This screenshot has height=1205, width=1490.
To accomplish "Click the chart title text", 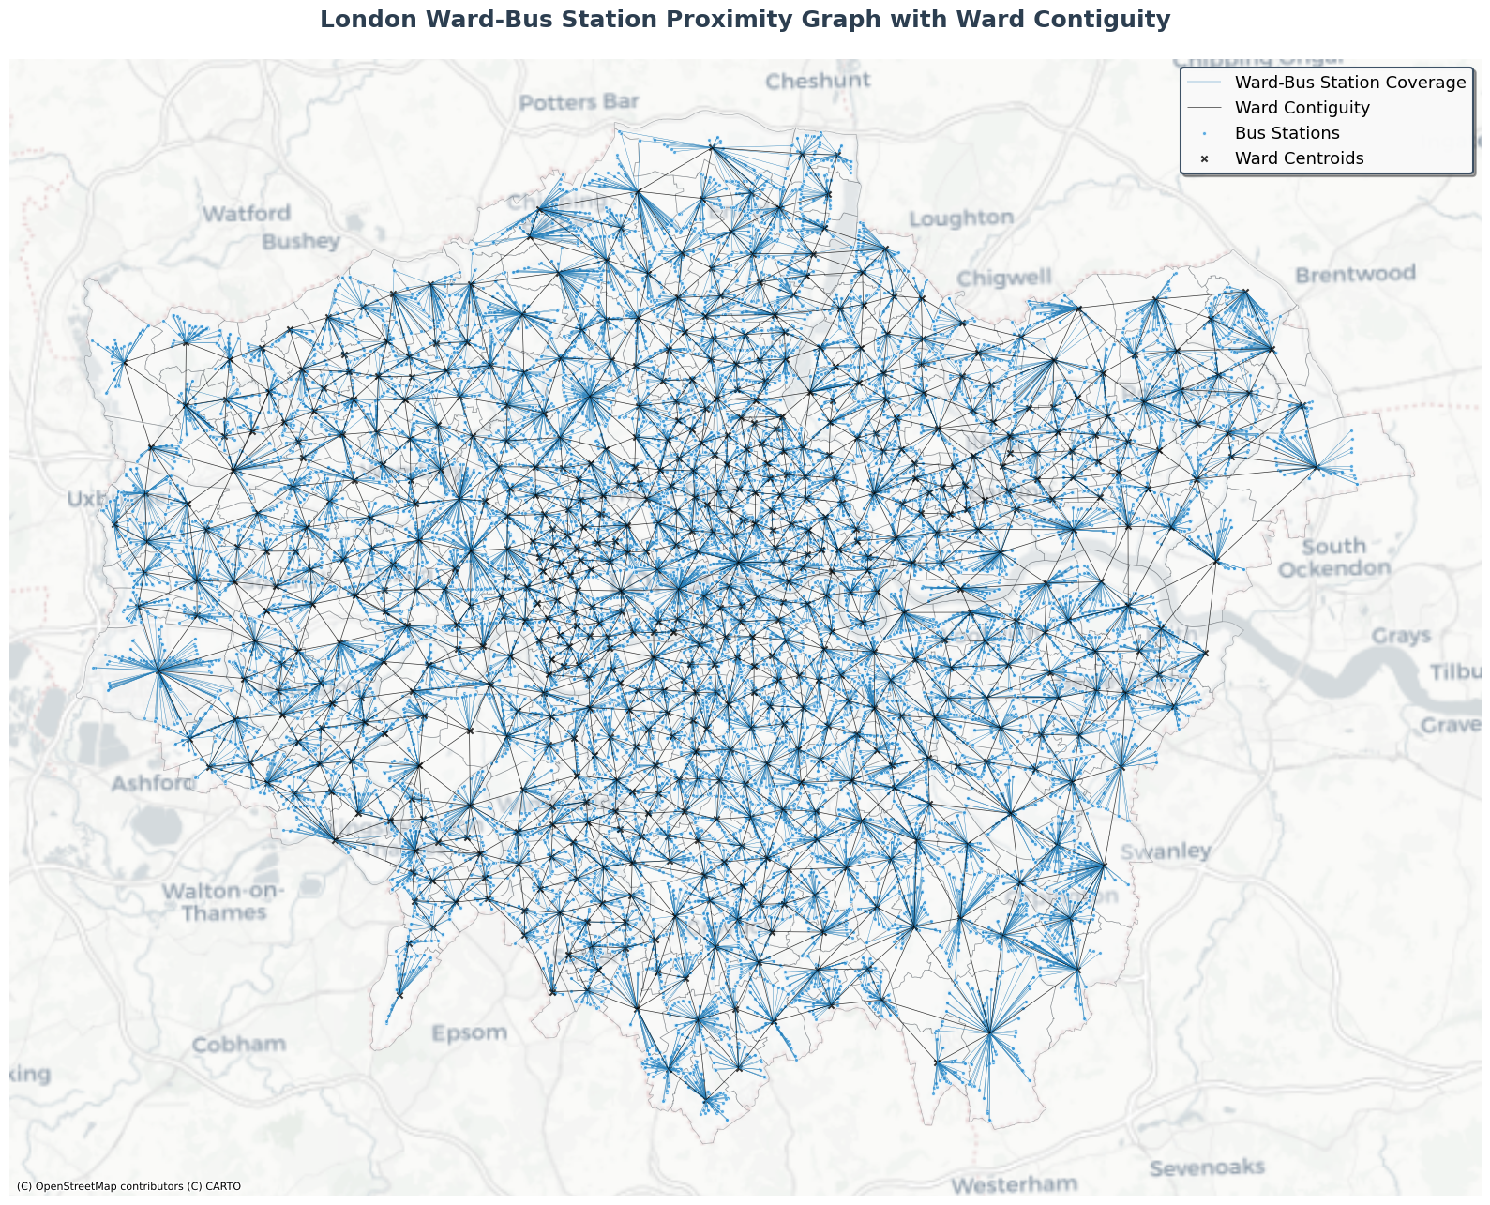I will tap(745, 20).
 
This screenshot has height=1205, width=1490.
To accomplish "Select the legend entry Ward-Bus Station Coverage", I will tap(1349, 83).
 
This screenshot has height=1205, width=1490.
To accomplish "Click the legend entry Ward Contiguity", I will tap(1302, 108).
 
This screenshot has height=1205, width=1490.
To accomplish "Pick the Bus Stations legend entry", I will tap(1287, 133).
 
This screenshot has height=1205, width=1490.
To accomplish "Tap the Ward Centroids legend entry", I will tap(1299, 158).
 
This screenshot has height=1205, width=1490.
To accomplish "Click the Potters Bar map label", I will tap(579, 102).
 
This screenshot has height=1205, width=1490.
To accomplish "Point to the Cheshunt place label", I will tap(818, 82).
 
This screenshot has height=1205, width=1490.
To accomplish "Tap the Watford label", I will tap(247, 214).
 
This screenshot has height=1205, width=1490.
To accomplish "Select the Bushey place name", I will tap(300, 242).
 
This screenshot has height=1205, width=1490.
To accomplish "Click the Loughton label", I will tap(961, 218).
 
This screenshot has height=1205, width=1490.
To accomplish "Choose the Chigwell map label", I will tap(1004, 279).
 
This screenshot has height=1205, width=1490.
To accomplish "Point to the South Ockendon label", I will tap(1333, 558).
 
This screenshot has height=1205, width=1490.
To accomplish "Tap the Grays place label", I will tap(1401, 636).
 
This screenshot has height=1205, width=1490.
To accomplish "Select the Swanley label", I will tap(1166, 851).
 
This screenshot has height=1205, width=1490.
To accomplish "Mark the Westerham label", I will tap(1014, 1184).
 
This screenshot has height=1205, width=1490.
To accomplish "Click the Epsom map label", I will tap(469, 1033).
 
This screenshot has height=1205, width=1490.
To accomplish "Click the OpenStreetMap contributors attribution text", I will tap(128, 1186).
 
